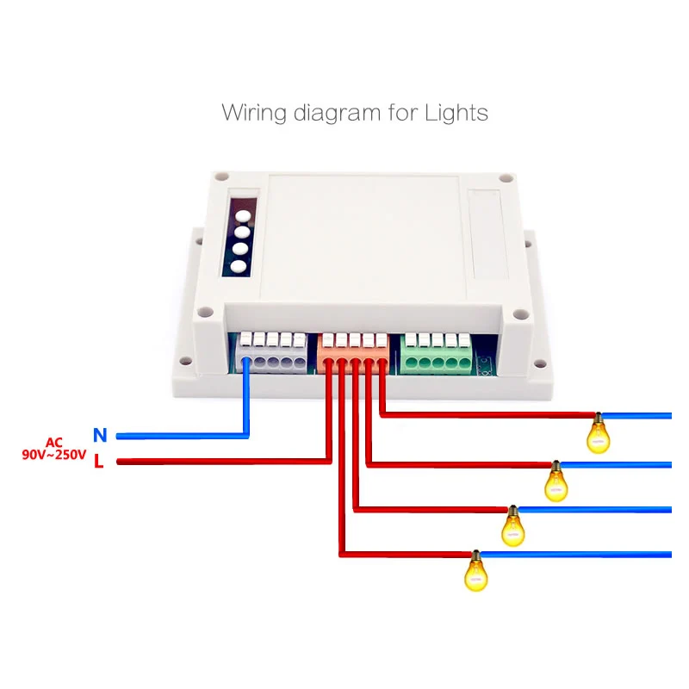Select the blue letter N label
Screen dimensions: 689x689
click(99, 436)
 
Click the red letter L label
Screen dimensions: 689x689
click(99, 462)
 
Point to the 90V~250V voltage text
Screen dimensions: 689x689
click(54, 455)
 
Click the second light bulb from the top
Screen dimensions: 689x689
click(556, 482)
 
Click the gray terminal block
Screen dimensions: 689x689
click(272, 353)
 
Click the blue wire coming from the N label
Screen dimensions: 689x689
click(181, 436)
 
